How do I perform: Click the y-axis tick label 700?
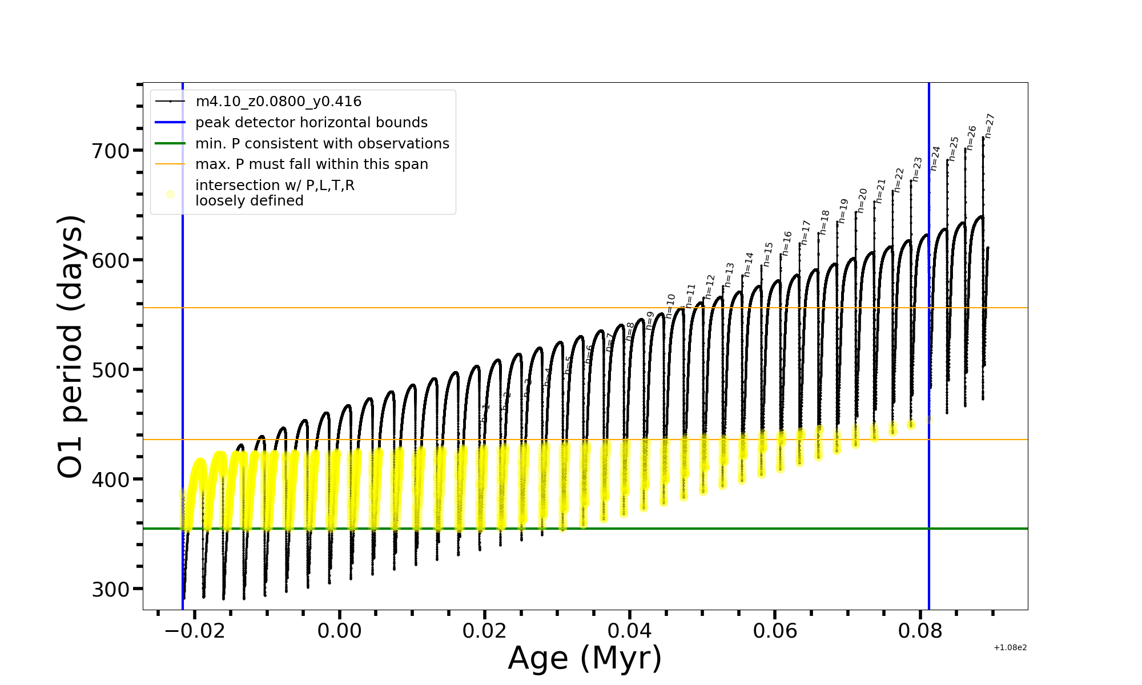(x=111, y=152)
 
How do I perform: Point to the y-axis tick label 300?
(x=111, y=590)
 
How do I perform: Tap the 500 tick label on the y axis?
(x=111, y=370)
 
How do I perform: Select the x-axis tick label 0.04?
(x=630, y=631)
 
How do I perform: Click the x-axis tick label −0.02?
(x=194, y=631)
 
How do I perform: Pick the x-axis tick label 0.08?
(x=920, y=631)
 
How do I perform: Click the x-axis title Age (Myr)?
(x=585, y=658)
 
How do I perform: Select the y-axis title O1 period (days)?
(x=71, y=346)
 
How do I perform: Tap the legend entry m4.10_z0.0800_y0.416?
(x=278, y=102)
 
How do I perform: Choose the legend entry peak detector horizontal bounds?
(x=311, y=123)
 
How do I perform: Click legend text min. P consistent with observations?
(x=322, y=144)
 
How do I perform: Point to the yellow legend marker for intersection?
(x=170, y=195)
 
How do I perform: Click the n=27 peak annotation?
(x=990, y=126)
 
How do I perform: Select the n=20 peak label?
(x=862, y=200)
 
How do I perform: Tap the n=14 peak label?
(x=748, y=264)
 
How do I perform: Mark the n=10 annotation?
(x=670, y=306)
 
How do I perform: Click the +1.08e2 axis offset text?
(x=1010, y=648)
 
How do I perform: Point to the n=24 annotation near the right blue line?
(x=935, y=158)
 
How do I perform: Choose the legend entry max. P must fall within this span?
(x=311, y=164)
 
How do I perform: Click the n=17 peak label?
(x=806, y=232)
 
